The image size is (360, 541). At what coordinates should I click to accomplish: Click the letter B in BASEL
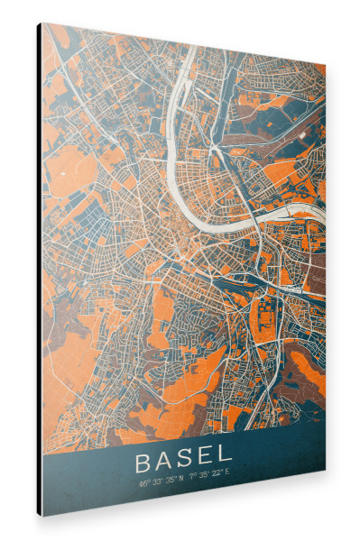(143, 463)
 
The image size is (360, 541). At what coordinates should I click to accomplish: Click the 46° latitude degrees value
(143, 483)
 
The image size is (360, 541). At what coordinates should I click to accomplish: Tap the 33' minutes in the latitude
(157, 482)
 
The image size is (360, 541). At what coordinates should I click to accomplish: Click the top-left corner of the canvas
(42, 23)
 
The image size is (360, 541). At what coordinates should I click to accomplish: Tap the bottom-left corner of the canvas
(42, 516)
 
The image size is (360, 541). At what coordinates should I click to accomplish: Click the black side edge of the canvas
(39, 270)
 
